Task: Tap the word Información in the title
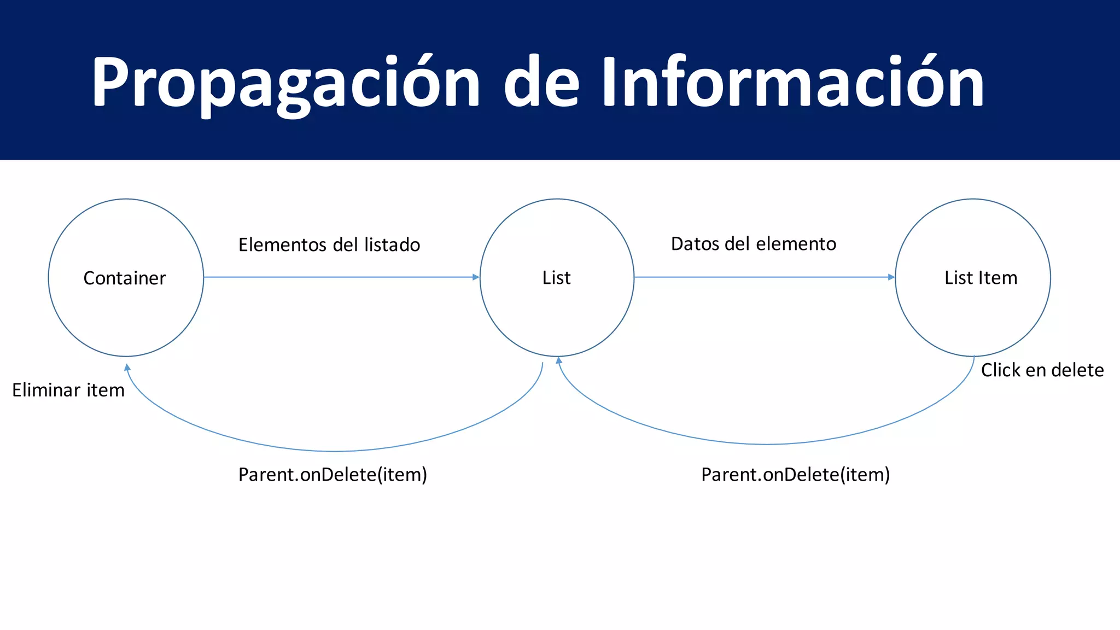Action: [793, 82]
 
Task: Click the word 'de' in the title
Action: [541, 82]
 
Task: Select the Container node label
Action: [125, 278]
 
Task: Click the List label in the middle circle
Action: [556, 278]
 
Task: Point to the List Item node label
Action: [981, 278]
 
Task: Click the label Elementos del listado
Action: [329, 244]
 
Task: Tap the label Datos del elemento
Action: [754, 244]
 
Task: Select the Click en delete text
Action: [1042, 370]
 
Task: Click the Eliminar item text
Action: [68, 390]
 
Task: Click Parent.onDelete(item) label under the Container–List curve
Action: [332, 474]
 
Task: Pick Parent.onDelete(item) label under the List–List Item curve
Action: [796, 474]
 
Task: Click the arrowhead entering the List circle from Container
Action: [476, 277]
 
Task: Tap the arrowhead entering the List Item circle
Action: [891, 277]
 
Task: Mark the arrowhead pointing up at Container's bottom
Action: [127, 367]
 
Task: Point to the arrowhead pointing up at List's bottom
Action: [559, 360]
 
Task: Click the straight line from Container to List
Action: [339, 277]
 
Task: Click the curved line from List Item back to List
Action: [766, 444]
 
